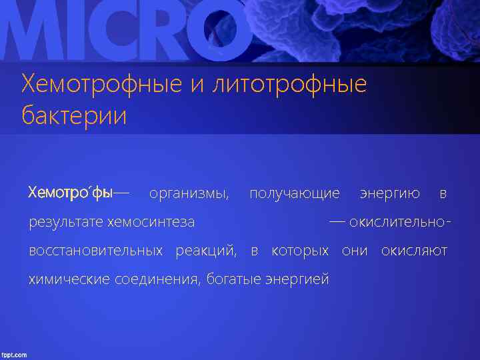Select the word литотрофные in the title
tap(289, 85)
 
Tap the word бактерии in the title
tap(73, 115)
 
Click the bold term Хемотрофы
tap(71, 193)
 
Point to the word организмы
tap(189, 194)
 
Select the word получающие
tap(294, 194)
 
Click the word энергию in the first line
tap(389, 194)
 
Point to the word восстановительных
tap(95, 251)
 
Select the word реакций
tap(206, 251)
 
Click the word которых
tap(300, 251)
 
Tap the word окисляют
tap(413, 251)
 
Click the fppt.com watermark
tap(14, 355)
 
